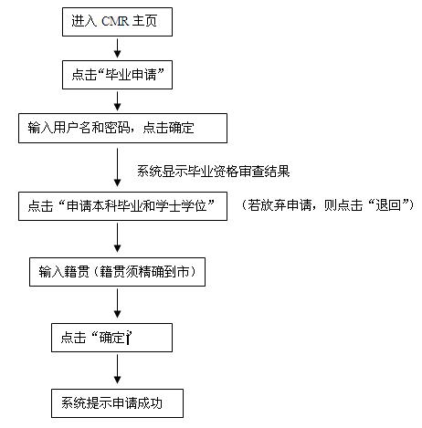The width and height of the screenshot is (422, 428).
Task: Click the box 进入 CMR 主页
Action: pos(117,22)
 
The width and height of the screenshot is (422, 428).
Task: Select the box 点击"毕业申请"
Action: pos(117,75)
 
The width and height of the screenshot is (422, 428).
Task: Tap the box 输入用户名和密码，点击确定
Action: pos(122,128)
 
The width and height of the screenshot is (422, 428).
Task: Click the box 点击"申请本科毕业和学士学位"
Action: pos(122,206)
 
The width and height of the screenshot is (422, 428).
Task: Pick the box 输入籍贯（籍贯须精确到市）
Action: pos(117,272)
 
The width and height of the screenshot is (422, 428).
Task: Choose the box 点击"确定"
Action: pos(111,338)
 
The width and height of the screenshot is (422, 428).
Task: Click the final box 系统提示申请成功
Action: pos(117,403)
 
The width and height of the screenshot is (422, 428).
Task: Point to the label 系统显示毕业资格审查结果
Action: pos(213,172)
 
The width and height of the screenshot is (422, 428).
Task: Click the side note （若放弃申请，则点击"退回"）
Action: pos(327,205)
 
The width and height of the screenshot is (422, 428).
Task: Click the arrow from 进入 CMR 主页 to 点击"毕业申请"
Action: pos(117,47)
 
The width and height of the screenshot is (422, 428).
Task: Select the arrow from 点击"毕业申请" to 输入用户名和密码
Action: pos(117,100)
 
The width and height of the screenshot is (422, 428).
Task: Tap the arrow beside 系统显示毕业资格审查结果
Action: pos(117,167)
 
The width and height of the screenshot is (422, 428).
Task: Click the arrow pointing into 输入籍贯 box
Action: pos(117,237)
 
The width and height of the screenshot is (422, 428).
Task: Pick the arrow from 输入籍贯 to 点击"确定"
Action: pos(117,303)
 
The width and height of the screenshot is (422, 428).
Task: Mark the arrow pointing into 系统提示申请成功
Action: pos(117,369)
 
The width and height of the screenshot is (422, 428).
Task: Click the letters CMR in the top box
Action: pos(115,21)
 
